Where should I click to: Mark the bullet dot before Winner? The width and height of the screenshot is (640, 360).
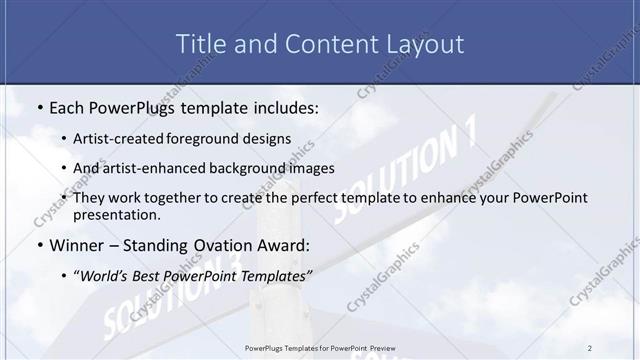pos(38,245)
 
